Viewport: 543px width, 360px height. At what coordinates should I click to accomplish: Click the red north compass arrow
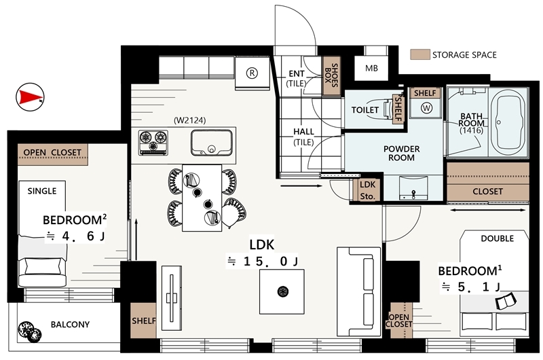click(31, 97)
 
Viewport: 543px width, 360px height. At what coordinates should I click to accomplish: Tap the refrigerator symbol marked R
click(252, 73)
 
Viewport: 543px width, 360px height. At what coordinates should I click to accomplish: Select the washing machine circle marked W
click(426, 108)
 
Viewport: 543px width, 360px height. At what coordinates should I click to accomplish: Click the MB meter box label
click(371, 68)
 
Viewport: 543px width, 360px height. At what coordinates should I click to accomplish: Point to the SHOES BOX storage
click(331, 76)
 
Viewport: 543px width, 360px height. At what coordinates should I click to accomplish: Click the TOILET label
click(365, 110)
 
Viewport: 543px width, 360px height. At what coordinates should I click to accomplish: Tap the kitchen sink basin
click(211, 143)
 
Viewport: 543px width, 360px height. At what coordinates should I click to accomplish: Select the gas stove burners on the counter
click(153, 143)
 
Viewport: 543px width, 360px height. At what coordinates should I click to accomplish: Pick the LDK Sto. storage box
click(367, 190)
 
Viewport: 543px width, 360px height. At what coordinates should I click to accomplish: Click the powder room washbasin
click(413, 188)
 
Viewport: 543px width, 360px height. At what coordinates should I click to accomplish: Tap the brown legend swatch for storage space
click(419, 54)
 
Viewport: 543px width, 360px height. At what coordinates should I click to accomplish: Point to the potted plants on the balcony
click(29, 331)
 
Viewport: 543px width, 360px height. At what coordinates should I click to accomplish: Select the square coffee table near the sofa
click(282, 292)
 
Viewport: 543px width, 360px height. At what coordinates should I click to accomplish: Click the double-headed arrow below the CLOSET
click(488, 211)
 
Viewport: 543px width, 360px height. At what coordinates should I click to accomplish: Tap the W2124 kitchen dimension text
click(190, 120)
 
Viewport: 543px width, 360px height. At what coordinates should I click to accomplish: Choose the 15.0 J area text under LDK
click(262, 262)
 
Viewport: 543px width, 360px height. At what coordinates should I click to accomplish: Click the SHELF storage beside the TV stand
click(143, 321)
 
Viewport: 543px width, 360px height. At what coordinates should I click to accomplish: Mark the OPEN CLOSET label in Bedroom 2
click(52, 152)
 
